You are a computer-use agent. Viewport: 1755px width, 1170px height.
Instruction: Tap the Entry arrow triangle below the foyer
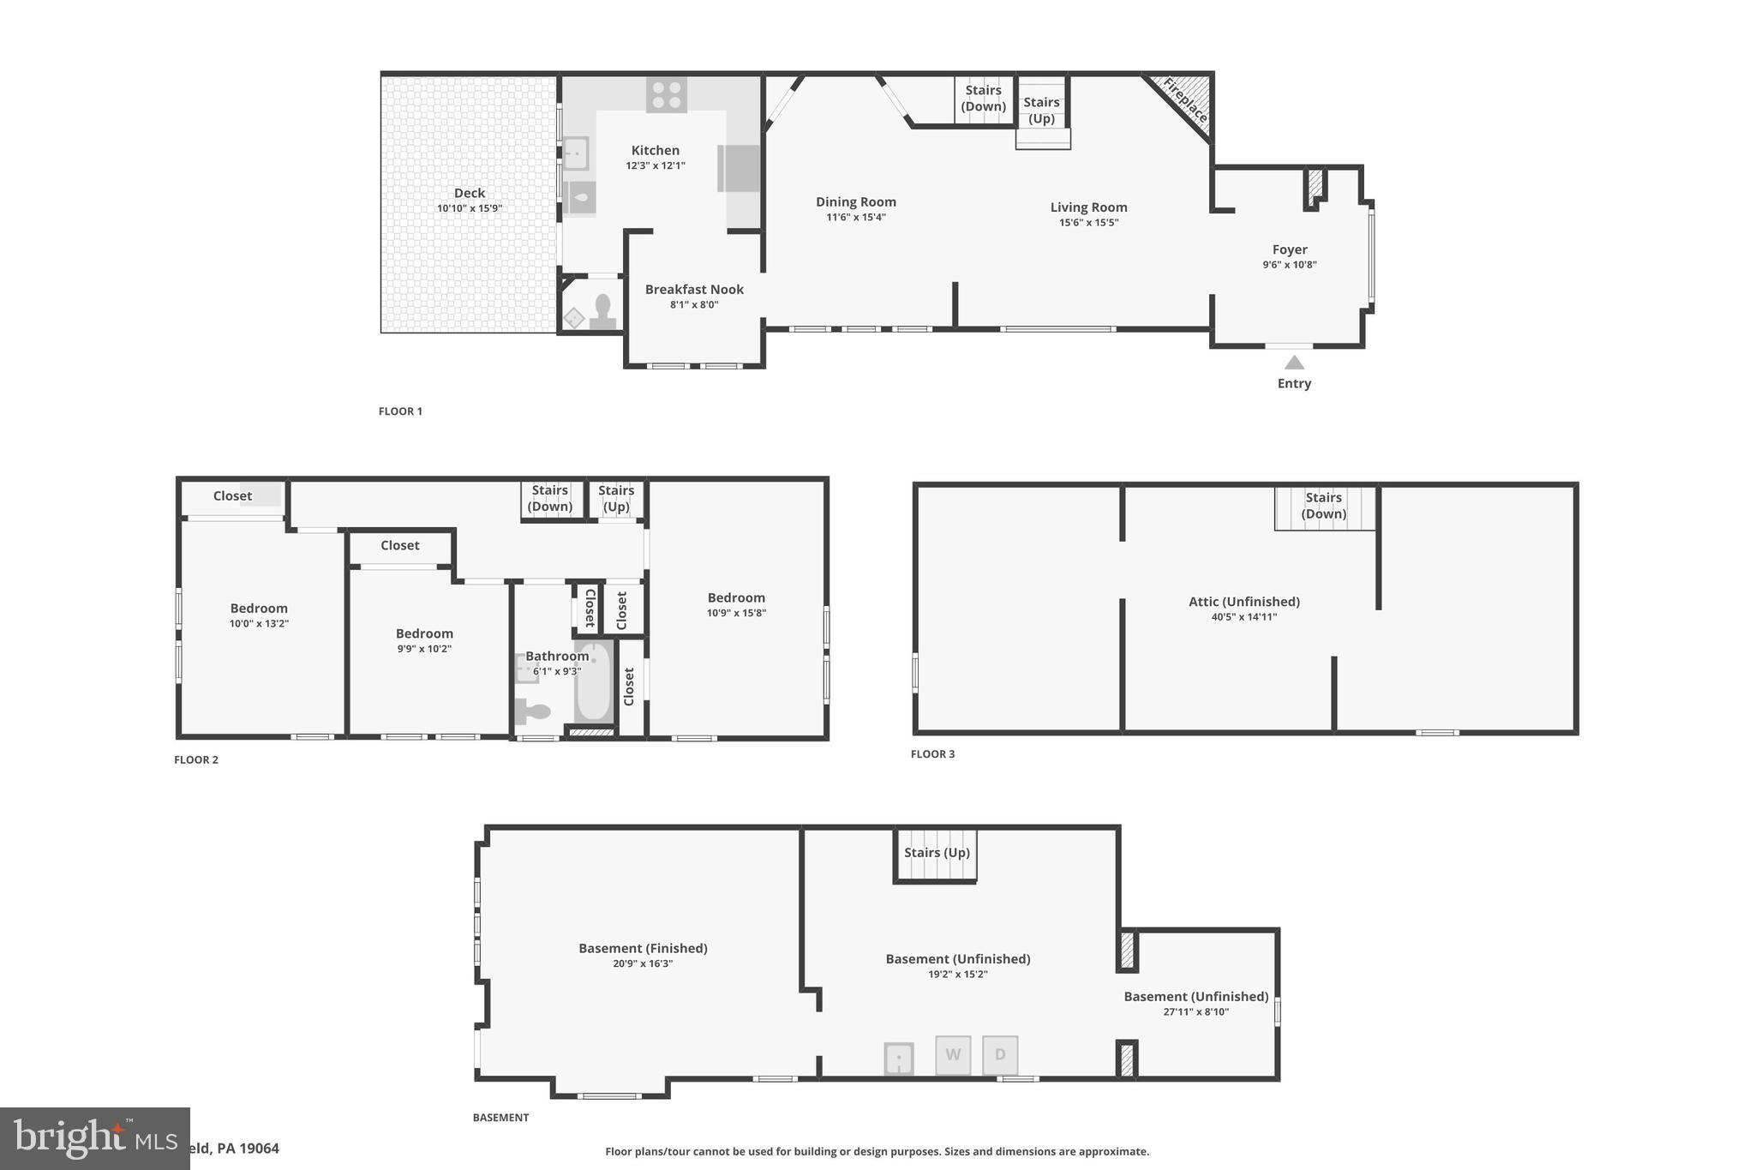[x=1294, y=363]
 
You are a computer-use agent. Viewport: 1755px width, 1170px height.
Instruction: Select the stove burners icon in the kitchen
[x=666, y=94]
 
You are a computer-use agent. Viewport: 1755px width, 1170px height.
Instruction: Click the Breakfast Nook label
[x=694, y=290]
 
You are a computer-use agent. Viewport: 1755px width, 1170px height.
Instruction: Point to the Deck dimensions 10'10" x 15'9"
[x=470, y=208]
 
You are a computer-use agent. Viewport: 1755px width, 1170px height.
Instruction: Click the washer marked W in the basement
[x=953, y=1055]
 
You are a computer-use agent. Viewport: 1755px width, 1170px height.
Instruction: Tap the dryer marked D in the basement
[x=1000, y=1055]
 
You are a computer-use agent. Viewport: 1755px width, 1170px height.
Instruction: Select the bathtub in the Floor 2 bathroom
[x=594, y=683]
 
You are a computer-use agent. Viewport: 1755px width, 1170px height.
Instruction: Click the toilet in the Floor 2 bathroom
[x=532, y=711]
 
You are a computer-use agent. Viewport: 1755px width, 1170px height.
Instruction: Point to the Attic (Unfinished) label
[x=1243, y=602]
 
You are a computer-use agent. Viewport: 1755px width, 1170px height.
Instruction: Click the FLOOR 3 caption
[x=932, y=754]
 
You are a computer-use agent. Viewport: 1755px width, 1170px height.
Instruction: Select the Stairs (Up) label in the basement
[x=937, y=853]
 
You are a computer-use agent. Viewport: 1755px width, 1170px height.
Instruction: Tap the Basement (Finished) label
[x=643, y=948]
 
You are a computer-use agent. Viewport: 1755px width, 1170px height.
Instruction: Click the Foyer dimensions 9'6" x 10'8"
[x=1289, y=265]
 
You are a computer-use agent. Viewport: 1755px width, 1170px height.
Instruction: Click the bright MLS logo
[x=94, y=1138]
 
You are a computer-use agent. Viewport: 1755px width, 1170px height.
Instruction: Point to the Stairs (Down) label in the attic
[x=1323, y=506]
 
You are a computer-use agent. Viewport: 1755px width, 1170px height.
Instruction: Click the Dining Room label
[x=855, y=202]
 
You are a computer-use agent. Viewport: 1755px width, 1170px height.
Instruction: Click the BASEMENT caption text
[x=500, y=1118]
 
